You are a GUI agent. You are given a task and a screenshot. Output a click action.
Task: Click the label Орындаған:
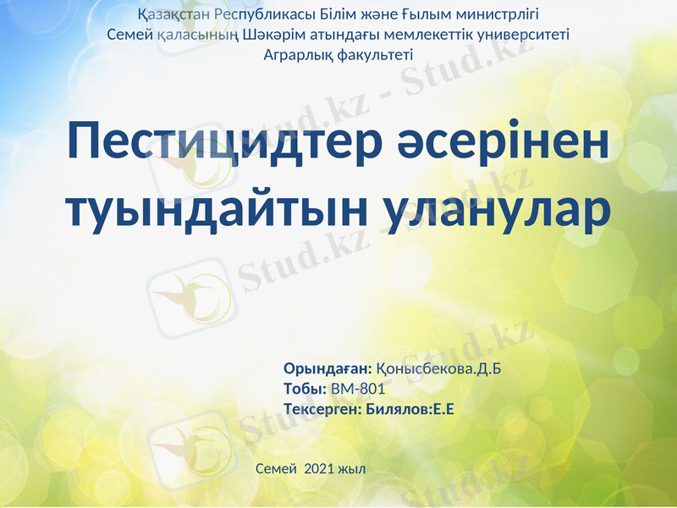click(327, 368)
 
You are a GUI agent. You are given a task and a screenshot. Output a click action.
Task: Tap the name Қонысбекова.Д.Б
click(444, 368)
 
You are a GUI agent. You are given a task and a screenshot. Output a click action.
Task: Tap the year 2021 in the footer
click(319, 468)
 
